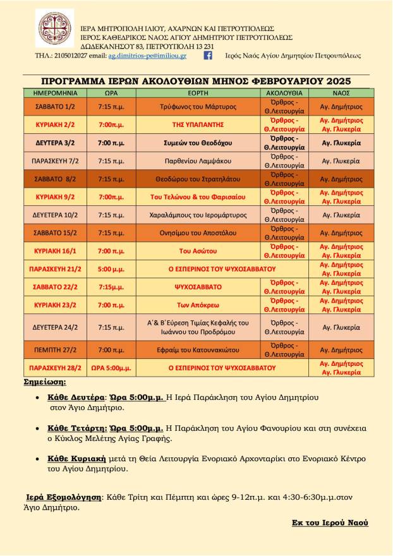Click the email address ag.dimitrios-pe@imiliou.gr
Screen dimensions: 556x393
[x=147, y=56]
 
